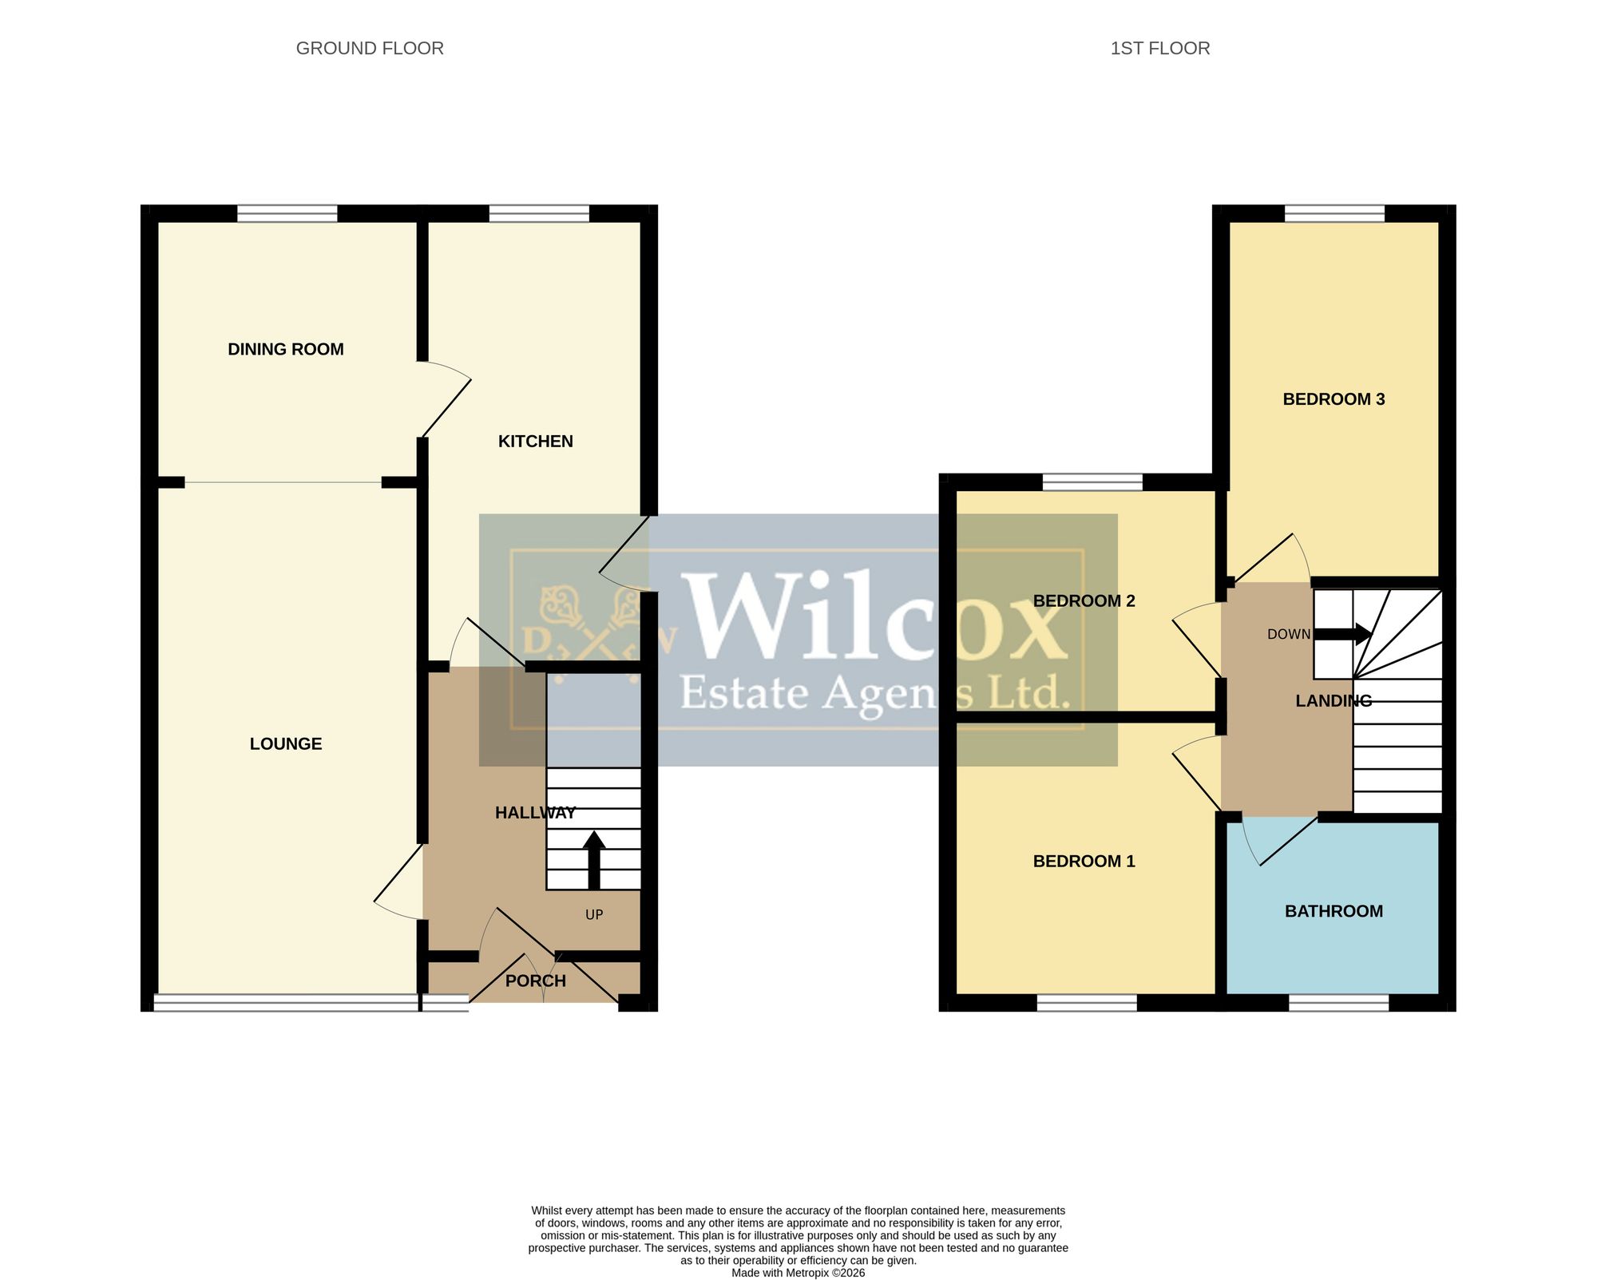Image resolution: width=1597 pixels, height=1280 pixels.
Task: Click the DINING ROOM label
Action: [x=286, y=349]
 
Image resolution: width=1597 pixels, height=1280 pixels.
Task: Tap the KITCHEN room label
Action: [x=536, y=442]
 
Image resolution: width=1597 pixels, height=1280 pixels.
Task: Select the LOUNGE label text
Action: [x=286, y=744]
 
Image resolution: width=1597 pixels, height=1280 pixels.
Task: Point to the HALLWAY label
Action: [x=536, y=813]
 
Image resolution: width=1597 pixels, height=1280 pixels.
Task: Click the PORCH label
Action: [x=536, y=981]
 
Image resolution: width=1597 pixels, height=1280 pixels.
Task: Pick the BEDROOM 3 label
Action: [x=1334, y=399]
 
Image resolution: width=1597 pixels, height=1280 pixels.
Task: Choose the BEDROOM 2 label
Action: [x=1084, y=601]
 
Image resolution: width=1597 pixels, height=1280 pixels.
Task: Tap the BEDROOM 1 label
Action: [x=1084, y=861]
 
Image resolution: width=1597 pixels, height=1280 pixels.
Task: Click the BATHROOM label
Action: [x=1334, y=911]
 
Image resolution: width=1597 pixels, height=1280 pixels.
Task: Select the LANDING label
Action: [x=1334, y=701]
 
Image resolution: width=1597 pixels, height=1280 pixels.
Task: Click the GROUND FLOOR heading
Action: [x=370, y=49]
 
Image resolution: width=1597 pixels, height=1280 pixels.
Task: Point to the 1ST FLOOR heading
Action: [x=1160, y=49]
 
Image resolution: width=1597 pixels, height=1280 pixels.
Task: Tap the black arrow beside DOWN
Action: [x=1343, y=635]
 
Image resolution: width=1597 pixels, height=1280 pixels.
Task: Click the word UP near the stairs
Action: [x=594, y=915]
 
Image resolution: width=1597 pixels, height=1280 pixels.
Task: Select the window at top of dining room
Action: [x=287, y=213]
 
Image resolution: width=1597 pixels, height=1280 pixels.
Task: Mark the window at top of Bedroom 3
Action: [x=1334, y=213]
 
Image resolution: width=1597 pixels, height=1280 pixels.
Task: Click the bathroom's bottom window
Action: [x=1339, y=1003]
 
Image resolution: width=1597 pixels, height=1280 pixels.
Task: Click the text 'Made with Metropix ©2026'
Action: [x=798, y=1273]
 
